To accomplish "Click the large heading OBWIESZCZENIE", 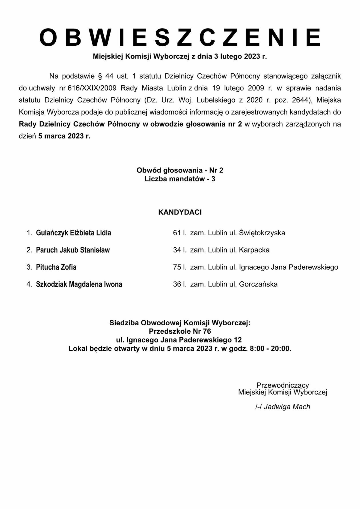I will point(180,37).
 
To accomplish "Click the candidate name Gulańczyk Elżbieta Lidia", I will point(73,233).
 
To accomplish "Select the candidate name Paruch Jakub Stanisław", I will point(73,250).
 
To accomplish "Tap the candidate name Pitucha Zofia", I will point(56,267).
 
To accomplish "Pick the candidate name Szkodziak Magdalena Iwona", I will point(79,284).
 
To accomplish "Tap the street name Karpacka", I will point(254,250).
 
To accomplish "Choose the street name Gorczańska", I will point(258,284).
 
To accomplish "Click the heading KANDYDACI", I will point(180,212).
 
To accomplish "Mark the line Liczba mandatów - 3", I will point(180,179).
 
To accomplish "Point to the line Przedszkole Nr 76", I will point(180,331).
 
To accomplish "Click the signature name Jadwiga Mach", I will point(287,407).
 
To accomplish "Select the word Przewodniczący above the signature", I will point(283,385).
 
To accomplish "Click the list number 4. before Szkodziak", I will point(29,284).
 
